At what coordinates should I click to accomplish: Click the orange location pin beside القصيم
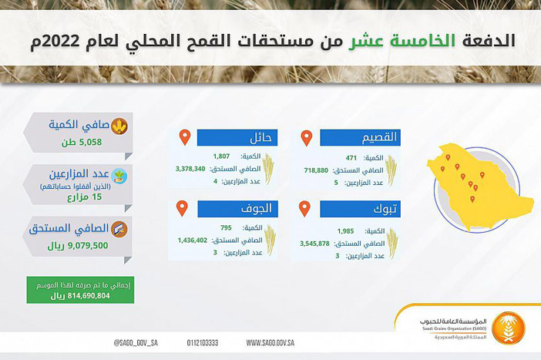coord(306,138)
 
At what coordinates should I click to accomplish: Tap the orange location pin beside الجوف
coord(183,208)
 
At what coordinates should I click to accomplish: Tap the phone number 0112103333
coord(203,341)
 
